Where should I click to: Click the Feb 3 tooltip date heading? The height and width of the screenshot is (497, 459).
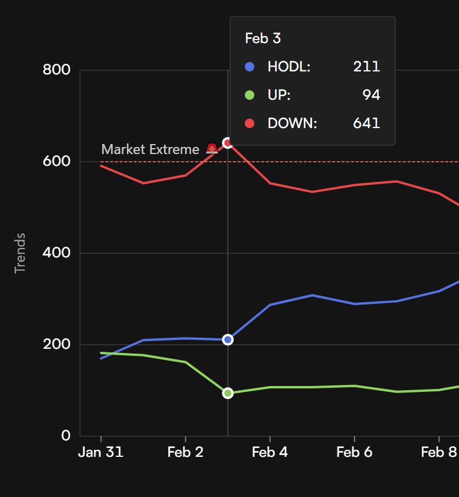tap(263, 39)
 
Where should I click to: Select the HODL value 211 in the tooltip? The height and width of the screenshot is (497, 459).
tap(366, 67)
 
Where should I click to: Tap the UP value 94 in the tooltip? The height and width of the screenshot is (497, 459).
tap(371, 95)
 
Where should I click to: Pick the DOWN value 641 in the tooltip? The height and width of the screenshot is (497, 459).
tap(366, 123)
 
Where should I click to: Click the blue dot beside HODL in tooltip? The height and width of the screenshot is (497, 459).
tap(250, 67)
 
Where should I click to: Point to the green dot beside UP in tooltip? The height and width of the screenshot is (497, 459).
tap(250, 95)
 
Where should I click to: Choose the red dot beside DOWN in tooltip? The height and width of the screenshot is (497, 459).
tap(250, 123)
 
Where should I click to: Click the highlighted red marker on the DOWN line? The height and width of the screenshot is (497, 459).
tap(228, 143)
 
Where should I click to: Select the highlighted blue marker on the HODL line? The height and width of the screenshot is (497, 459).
tap(228, 339)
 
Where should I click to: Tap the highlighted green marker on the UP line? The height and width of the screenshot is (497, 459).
tap(228, 393)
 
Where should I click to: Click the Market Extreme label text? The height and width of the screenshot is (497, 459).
tap(150, 149)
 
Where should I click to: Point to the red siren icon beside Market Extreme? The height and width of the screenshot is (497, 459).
tap(212, 149)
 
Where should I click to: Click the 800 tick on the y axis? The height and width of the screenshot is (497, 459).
tap(57, 70)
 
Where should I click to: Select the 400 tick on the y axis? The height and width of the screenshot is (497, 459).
tap(57, 253)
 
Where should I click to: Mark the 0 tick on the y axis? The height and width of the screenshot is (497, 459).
tap(65, 436)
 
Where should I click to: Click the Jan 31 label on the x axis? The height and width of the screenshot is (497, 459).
tap(101, 452)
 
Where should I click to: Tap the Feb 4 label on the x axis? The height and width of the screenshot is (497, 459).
tap(270, 452)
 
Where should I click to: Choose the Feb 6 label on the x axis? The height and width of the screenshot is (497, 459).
tap(355, 452)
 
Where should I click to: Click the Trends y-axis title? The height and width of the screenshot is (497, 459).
tap(21, 253)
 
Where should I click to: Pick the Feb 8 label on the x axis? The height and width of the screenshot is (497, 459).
tap(439, 452)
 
